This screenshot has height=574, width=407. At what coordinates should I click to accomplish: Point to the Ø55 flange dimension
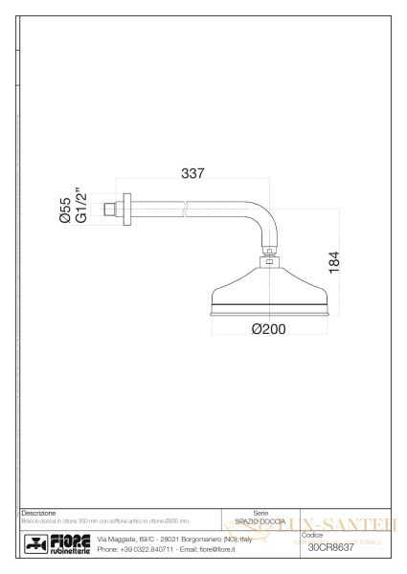coord(65,211)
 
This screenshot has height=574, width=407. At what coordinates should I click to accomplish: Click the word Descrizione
coord(40,514)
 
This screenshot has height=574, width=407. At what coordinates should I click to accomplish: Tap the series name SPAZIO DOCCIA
coord(261,521)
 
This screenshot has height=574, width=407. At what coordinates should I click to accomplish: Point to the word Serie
coord(260,514)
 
